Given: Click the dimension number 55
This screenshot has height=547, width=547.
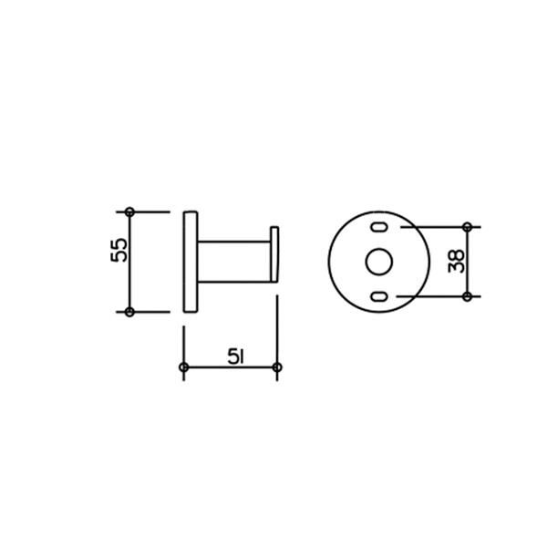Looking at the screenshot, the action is (119, 250).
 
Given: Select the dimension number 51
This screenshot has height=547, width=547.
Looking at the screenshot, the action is (236, 356).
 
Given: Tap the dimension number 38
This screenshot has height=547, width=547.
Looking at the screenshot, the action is (457, 261).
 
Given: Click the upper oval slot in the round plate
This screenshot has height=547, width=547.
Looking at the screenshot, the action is (379, 227).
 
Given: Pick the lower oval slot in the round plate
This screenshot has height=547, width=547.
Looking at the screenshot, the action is (379, 297).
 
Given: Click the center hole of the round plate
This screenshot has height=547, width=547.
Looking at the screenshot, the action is (379, 262).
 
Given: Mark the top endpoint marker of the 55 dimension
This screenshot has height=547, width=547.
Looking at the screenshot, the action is (129, 212).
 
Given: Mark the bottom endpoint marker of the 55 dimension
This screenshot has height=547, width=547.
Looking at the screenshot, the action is (129, 312).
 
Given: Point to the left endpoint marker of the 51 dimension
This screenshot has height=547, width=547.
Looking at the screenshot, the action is (184, 367).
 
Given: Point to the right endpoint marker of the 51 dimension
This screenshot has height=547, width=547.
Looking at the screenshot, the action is (277, 367).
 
